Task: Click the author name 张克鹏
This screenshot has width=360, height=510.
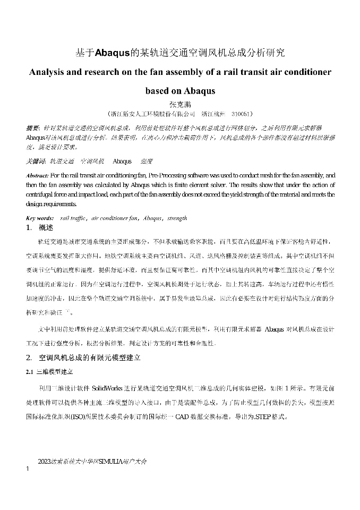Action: (179, 104)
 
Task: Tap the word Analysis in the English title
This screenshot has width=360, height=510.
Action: (50, 72)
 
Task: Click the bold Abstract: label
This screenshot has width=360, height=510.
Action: (37, 175)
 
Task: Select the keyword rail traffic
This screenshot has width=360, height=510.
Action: (74, 218)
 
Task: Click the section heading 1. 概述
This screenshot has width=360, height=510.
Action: (40, 228)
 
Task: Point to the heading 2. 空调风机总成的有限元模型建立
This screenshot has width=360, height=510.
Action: (83, 358)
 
